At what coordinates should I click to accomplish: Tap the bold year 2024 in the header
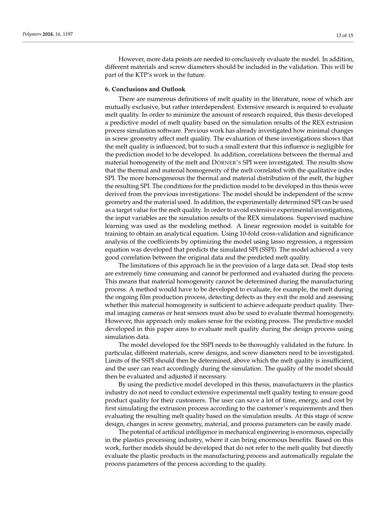point(48,34)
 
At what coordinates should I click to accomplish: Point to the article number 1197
point(68,34)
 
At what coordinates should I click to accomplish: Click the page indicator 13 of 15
point(344,36)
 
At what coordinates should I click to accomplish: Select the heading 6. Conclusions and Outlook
point(145,89)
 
